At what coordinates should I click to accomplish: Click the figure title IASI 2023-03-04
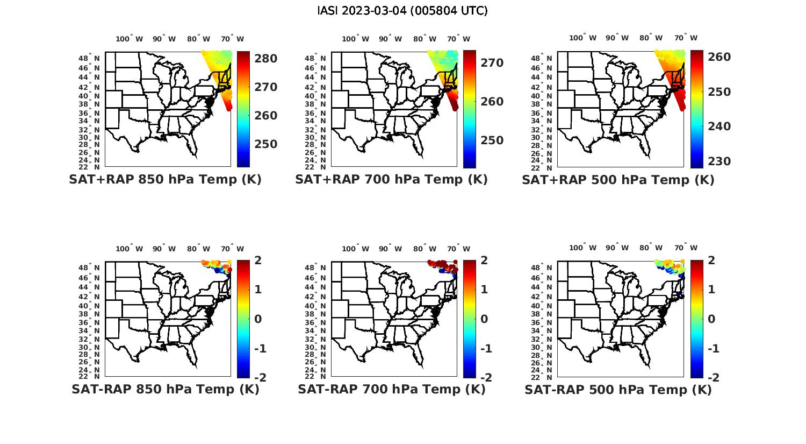coord(402,11)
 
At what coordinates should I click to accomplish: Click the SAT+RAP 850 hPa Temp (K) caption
coord(165,180)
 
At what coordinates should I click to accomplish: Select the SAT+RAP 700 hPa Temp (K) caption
coord(391,180)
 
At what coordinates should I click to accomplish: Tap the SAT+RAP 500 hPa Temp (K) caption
coord(618,180)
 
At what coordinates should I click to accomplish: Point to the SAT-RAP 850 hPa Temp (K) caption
coord(165,389)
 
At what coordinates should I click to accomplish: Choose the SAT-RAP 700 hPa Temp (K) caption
coord(391,389)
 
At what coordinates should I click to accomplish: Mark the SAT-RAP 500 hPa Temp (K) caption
coord(618,389)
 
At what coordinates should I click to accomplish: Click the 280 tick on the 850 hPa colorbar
coord(265,58)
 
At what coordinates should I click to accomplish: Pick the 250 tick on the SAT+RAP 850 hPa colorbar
coord(265,144)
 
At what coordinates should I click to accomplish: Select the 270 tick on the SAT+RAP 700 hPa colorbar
coord(492,63)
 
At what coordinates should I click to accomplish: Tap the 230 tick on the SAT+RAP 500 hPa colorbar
coord(719,161)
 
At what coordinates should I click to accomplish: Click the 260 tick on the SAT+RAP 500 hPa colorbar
coord(719,57)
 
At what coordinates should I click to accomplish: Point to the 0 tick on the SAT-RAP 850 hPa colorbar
coord(257,319)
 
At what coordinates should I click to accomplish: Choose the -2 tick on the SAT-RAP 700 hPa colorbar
coord(485,377)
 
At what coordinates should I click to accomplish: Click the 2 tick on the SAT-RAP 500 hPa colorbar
coord(713,260)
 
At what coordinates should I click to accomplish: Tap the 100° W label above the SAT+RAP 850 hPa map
coord(129,39)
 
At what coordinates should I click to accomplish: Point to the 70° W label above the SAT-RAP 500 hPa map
coord(686,248)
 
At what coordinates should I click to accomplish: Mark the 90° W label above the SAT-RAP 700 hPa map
coord(390,249)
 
